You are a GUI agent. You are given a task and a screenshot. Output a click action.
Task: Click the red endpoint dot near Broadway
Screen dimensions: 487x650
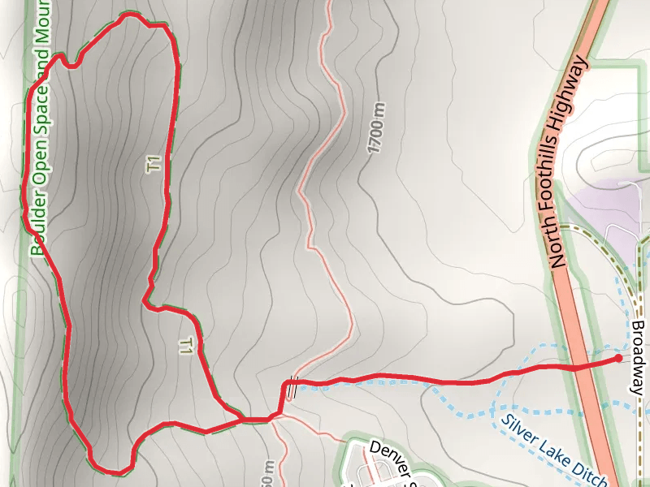[618, 358]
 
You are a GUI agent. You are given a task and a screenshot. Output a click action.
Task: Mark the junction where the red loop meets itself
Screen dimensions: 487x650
[244, 419]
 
